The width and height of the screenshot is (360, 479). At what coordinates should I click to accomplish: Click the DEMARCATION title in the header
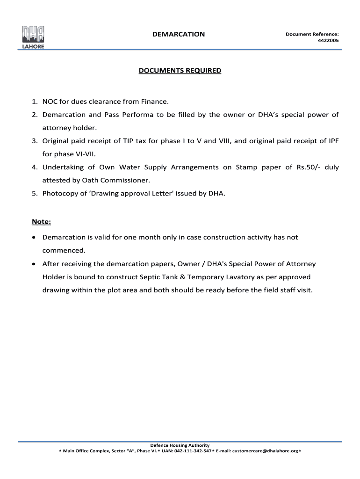point(178,34)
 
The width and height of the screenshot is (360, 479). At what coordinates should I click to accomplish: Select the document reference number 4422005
point(328,41)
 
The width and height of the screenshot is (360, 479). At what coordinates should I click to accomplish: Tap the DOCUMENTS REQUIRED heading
point(180,71)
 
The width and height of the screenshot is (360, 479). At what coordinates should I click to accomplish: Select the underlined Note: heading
point(41,221)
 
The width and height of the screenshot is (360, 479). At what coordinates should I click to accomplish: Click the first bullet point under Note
point(34,238)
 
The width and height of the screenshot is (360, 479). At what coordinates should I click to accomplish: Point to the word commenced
point(64,250)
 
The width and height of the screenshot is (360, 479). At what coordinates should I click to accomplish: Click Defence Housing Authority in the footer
point(180,445)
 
